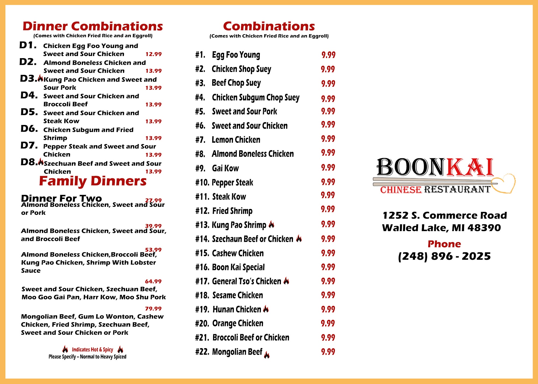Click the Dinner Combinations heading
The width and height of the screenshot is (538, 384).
(93, 26)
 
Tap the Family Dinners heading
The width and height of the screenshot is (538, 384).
(93, 181)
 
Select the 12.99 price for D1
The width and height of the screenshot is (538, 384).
(153, 54)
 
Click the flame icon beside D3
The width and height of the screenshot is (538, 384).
(40, 78)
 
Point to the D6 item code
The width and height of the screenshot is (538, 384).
(29, 129)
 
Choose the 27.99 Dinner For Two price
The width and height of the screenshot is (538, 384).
(153, 200)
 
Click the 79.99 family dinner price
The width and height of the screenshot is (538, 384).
(153, 309)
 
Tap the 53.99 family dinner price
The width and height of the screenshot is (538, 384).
(153, 250)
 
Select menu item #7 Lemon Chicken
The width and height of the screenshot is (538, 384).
(236, 140)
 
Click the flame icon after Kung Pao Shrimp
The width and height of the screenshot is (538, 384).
(271, 224)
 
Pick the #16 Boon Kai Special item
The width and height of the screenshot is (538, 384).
(238, 267)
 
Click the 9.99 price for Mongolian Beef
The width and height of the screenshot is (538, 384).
(328, 352)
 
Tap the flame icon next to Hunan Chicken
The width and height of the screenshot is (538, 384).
(266, 309)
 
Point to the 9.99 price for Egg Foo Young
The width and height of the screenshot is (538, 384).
(328, 55)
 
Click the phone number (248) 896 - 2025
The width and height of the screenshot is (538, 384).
(444, 256)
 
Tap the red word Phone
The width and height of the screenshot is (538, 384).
(444, 244)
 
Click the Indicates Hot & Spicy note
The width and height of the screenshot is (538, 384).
(93, 350)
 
